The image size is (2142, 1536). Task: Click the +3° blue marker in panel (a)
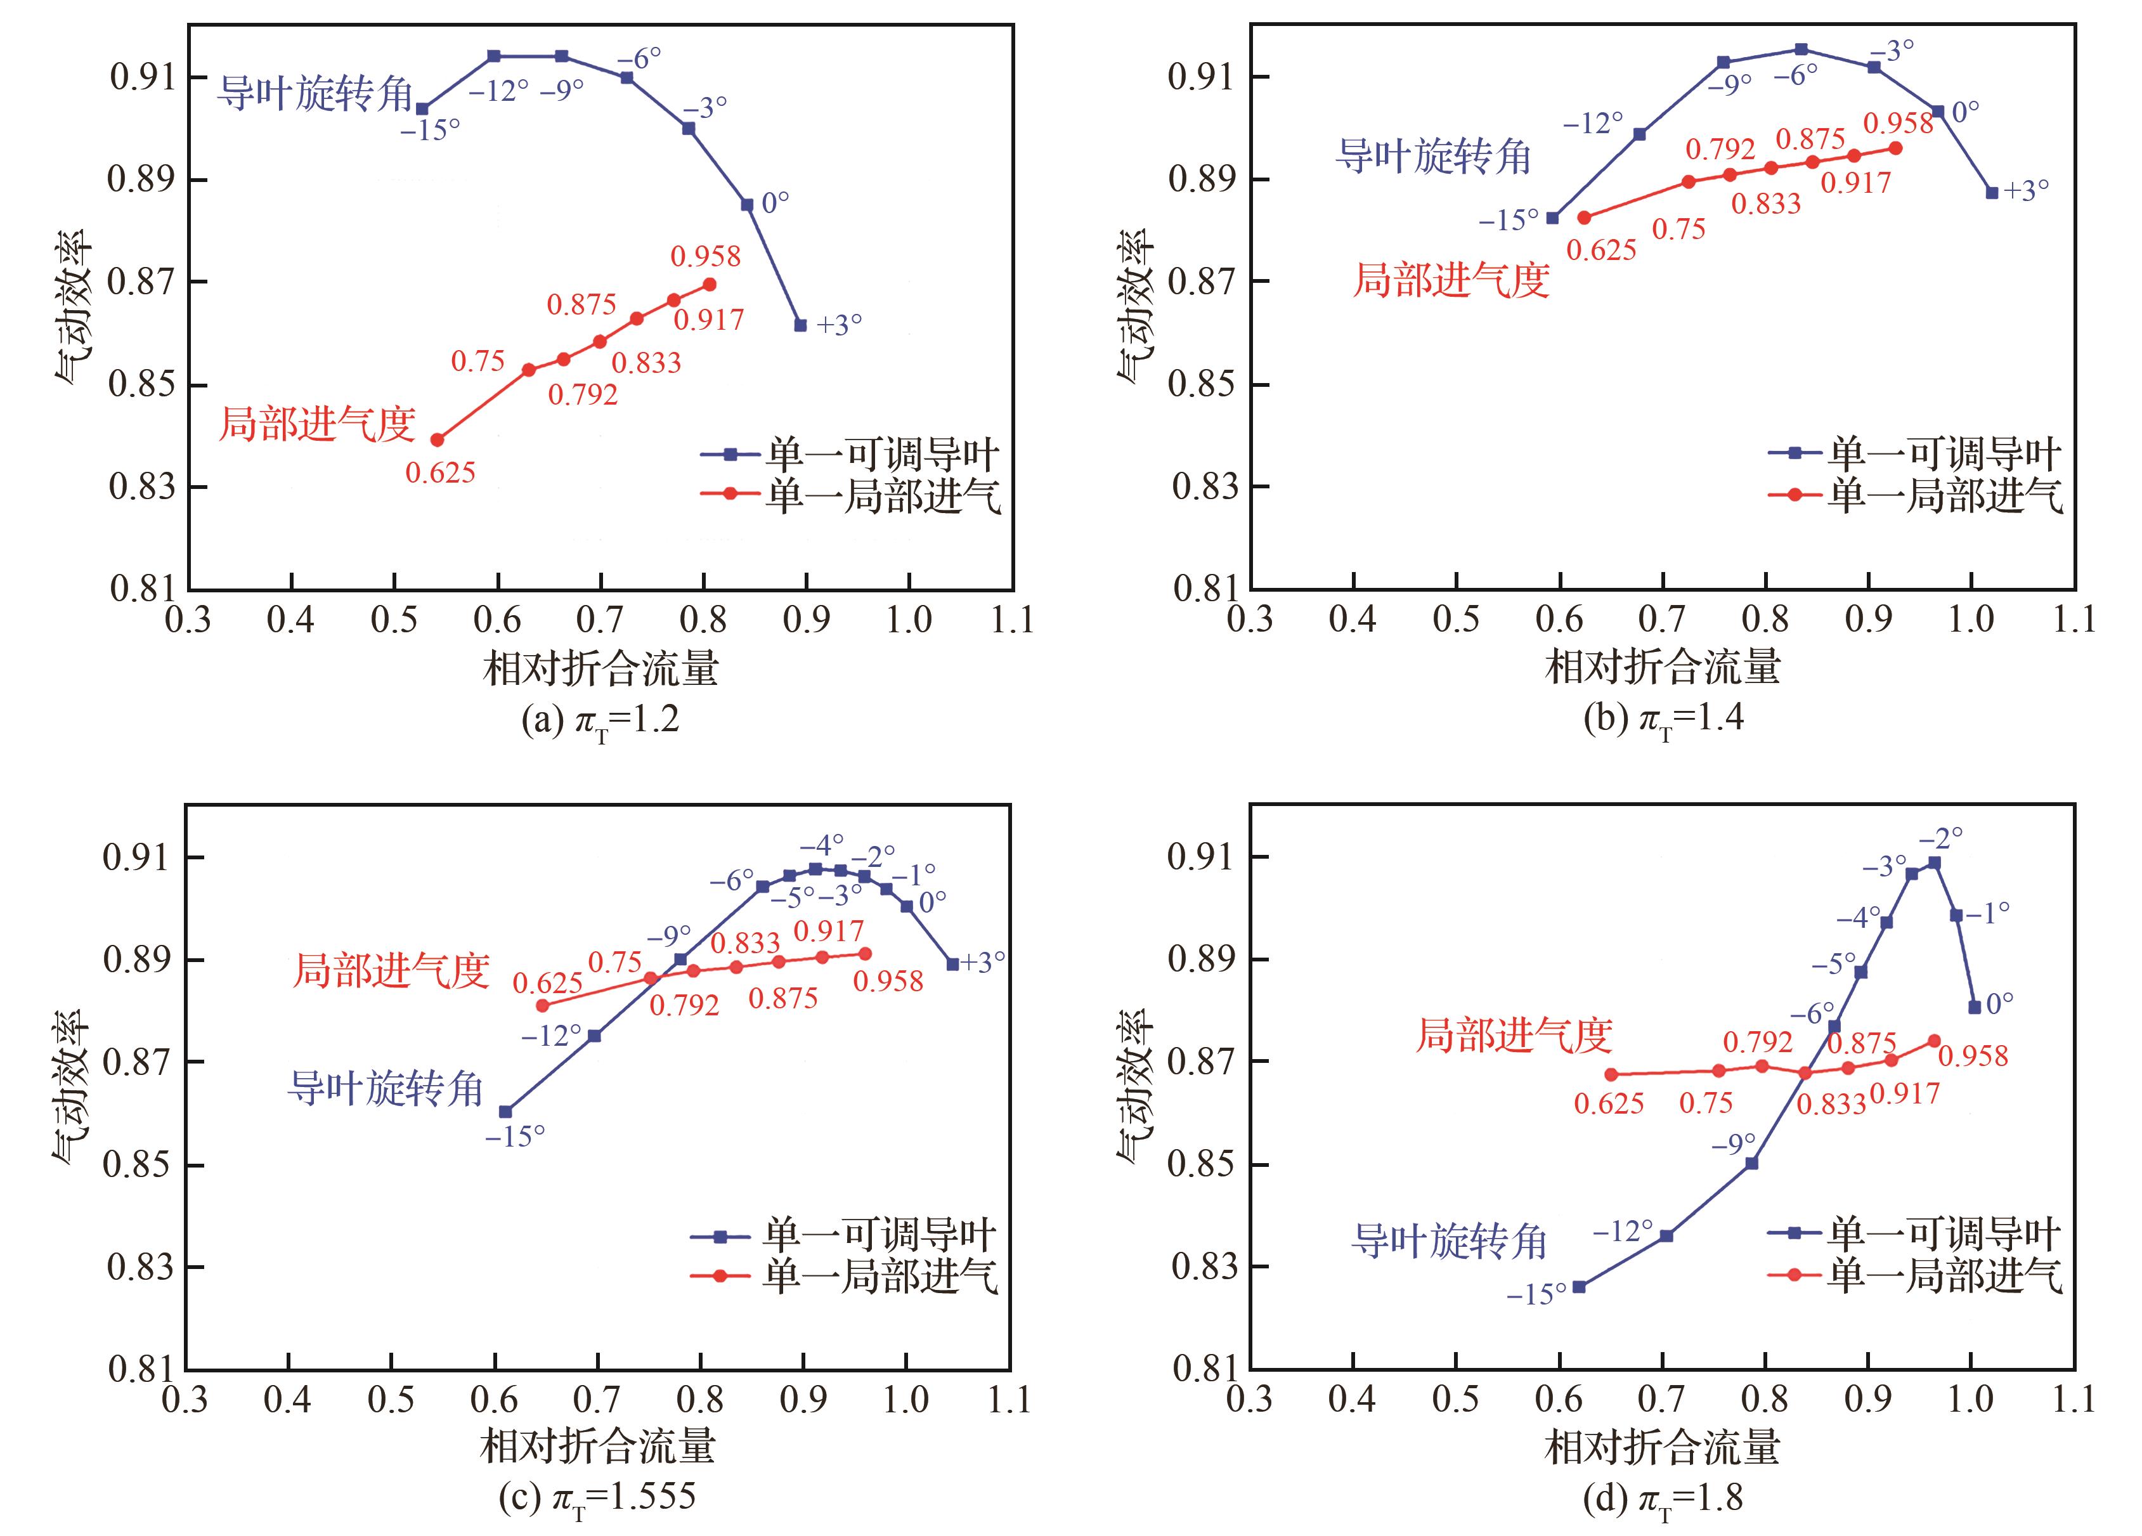pyautogui.click(x=801, y=325)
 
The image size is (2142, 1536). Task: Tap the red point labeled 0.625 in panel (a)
pyautogui.click(x=438, y=439)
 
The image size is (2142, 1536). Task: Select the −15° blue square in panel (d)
pyautogui.click(x=1579, y=1287)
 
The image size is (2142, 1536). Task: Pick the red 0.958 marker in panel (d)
pyautogui.click(x=1934, y=1040)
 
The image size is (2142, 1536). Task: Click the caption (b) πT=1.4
pyautogui.click(x=1663, y=719)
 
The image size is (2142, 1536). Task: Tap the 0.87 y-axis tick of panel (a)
pyautogui.click(x=141, y=282)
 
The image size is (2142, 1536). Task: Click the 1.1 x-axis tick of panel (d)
pyautogui.click(x=2074, y=1399)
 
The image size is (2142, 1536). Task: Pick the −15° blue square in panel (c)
pyautogui.click(x=506, y=1112)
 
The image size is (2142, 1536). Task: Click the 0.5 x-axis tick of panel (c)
pyautogui.click(x=391, y=1399)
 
